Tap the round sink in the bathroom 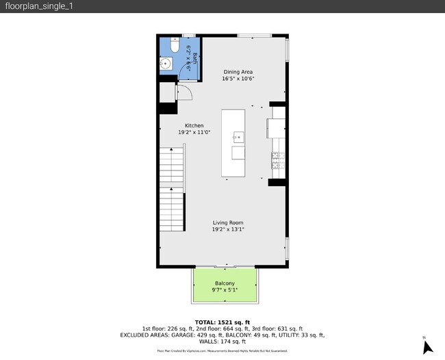pyautogui.click(x=166, y=64)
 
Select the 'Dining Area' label pyautogui.click(x=238, y=71)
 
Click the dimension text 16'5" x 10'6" pyautogui.click(x=238, y=78)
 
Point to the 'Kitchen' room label pyautogui.click(x=194, y=125)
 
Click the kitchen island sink pyautogui.click(x=238, y=136)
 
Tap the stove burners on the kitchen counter pyautogui.click(x=277, y=161)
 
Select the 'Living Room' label pyautogui.click(x=227, y=222)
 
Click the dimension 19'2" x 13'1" pyautogui.click(x=227, y=229)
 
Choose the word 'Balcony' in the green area pyautogui.click(x=225, y=283)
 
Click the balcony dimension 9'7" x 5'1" pyautogui.click(x=225, y=290)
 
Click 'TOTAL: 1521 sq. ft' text pyautogui.click(x=222, y=322)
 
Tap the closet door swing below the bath pyautogui.click(x=183, y=92)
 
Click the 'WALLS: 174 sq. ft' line pyautogui.click(x=222, y=342)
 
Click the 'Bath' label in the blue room pyautogui.click(x=194, y=57)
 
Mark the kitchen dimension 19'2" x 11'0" pyautogui.click(x=194, y=132)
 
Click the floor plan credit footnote pyautogui.click(x=222, y=350)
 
